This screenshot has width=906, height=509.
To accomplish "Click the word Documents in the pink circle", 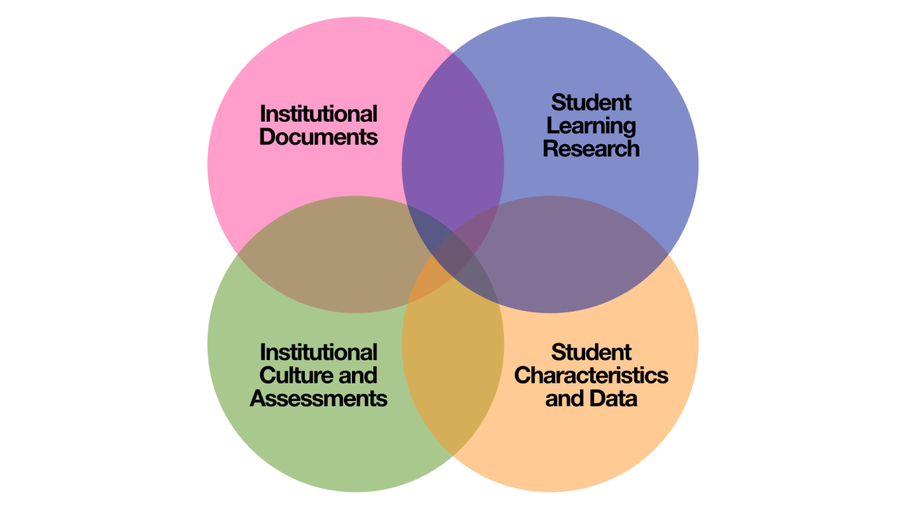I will (x=318, y=137).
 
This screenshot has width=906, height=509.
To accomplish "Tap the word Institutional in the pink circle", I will (x=318, y=114).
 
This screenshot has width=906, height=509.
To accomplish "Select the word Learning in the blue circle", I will (x=591, y=125).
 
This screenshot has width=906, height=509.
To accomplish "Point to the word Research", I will (x=591, y=148).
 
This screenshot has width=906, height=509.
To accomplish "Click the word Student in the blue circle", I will (x=591, y=102).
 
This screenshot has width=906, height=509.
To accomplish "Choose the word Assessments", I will (x=318, y=398).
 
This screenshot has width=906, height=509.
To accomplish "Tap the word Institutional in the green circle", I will (x=318, y=352).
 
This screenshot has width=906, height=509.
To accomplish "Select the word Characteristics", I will (x=591, y=375).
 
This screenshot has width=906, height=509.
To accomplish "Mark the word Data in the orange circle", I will (x=614, y=398).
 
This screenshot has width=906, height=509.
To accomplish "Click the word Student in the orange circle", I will (x=591, y=352).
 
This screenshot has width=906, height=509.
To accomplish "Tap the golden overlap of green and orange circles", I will (x=453, y=362).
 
